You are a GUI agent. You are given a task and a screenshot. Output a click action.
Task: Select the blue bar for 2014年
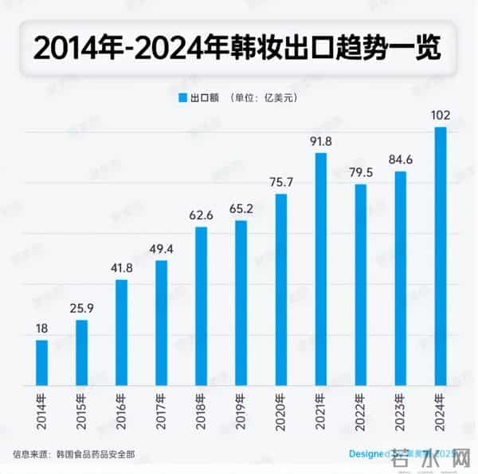(42, 362)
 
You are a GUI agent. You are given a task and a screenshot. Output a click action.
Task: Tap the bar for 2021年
(321, 268)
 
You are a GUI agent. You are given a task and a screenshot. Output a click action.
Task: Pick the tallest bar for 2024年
(441, 255)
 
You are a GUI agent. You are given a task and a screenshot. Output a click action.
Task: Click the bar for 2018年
(202, 306)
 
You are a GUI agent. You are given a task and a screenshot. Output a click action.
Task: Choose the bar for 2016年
(122, 332)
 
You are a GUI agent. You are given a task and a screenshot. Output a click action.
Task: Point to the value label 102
(441, 116)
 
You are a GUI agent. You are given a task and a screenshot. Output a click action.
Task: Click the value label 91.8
(321, 141)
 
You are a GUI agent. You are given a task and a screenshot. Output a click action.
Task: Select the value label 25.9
(82, 308)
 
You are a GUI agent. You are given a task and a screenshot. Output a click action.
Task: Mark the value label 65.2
(241, 209)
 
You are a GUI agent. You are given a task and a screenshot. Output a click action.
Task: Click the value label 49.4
(162, 249)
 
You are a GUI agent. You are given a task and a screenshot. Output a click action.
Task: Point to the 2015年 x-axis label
(82, 408)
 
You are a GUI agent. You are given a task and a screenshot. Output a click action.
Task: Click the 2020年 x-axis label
(281, 408)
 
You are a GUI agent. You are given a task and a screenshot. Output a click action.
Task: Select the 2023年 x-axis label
(401, 408)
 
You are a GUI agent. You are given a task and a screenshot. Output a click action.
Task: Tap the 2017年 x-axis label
(162, 408)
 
